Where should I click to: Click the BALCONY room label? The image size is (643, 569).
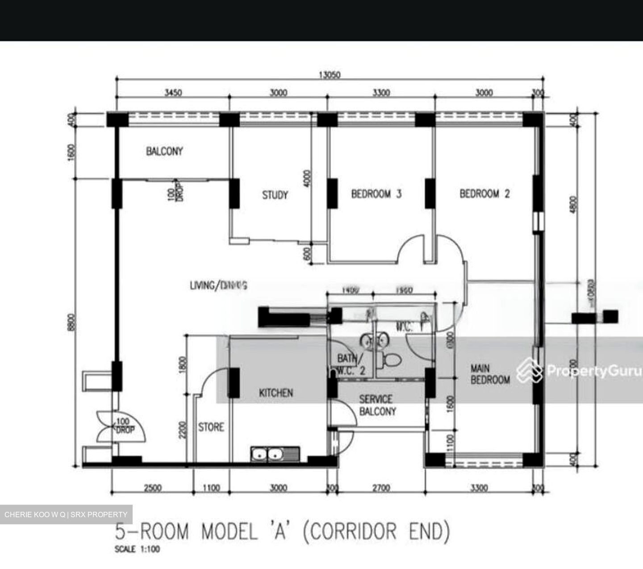(164, 151)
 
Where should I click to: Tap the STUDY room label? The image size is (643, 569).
(275, 195)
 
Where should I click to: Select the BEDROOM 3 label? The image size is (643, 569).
(376, 194)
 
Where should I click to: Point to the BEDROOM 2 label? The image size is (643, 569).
(484, 194)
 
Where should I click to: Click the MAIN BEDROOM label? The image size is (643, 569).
(490, 374)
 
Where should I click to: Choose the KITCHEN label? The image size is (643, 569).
(276, 393)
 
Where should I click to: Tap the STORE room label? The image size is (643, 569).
(211, 427)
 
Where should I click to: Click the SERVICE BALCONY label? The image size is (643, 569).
(377, 405)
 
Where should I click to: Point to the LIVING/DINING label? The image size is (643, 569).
(218, 285)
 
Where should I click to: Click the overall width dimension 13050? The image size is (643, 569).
(329, 75)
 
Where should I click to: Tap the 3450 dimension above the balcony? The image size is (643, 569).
(173, 93)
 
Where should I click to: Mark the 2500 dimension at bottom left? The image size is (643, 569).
(152, 488)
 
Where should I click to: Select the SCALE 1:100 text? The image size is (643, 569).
(137, 549)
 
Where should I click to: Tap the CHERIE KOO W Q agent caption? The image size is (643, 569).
(66, 515)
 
